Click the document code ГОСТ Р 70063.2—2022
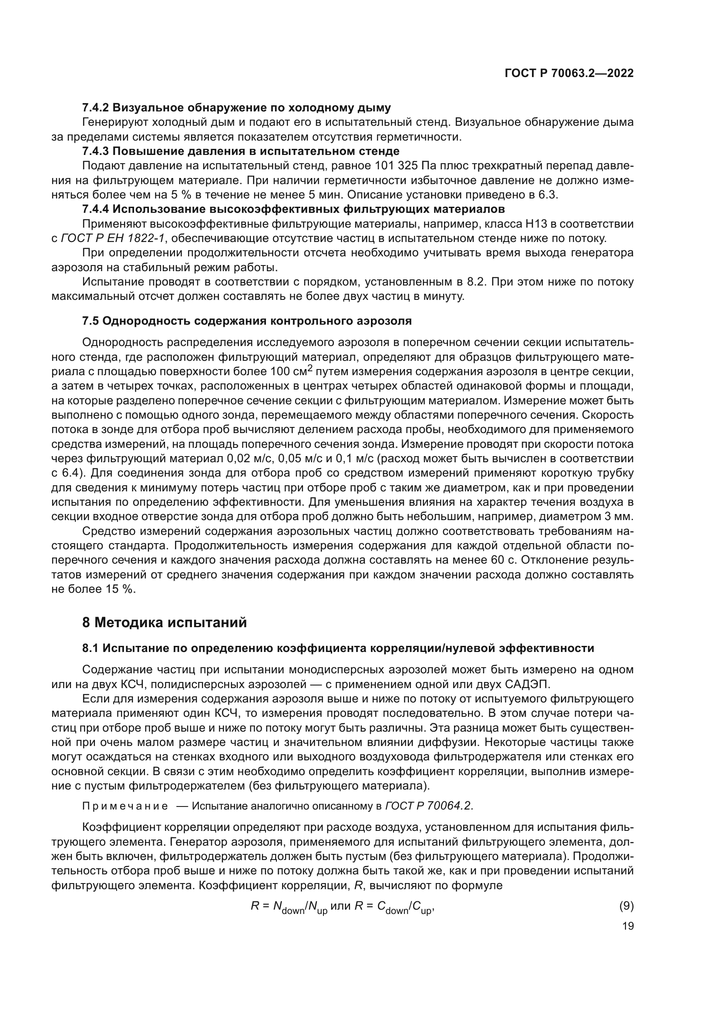(x=569, y=74)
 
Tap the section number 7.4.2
(x=95, y=108)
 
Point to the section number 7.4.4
(x=95, y=209)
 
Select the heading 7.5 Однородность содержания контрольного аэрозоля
(x=247, y=321)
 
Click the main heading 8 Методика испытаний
(x=165, y=623)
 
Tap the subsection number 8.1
(x=91, y=648)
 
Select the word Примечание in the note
(x=125, y=806)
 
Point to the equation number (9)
(x=626, y=906)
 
